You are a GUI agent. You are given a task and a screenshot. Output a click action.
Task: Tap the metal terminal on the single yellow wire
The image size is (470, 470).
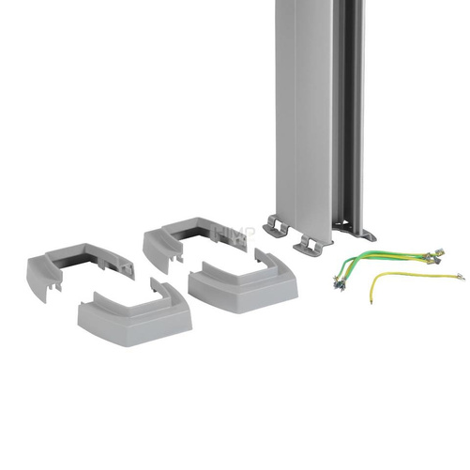point(458,276)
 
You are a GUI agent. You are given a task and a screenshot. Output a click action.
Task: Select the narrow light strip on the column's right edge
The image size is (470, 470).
point(371,113)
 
